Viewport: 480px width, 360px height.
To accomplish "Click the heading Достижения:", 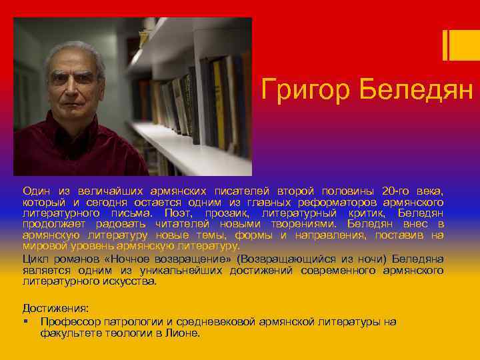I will [55, 309].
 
